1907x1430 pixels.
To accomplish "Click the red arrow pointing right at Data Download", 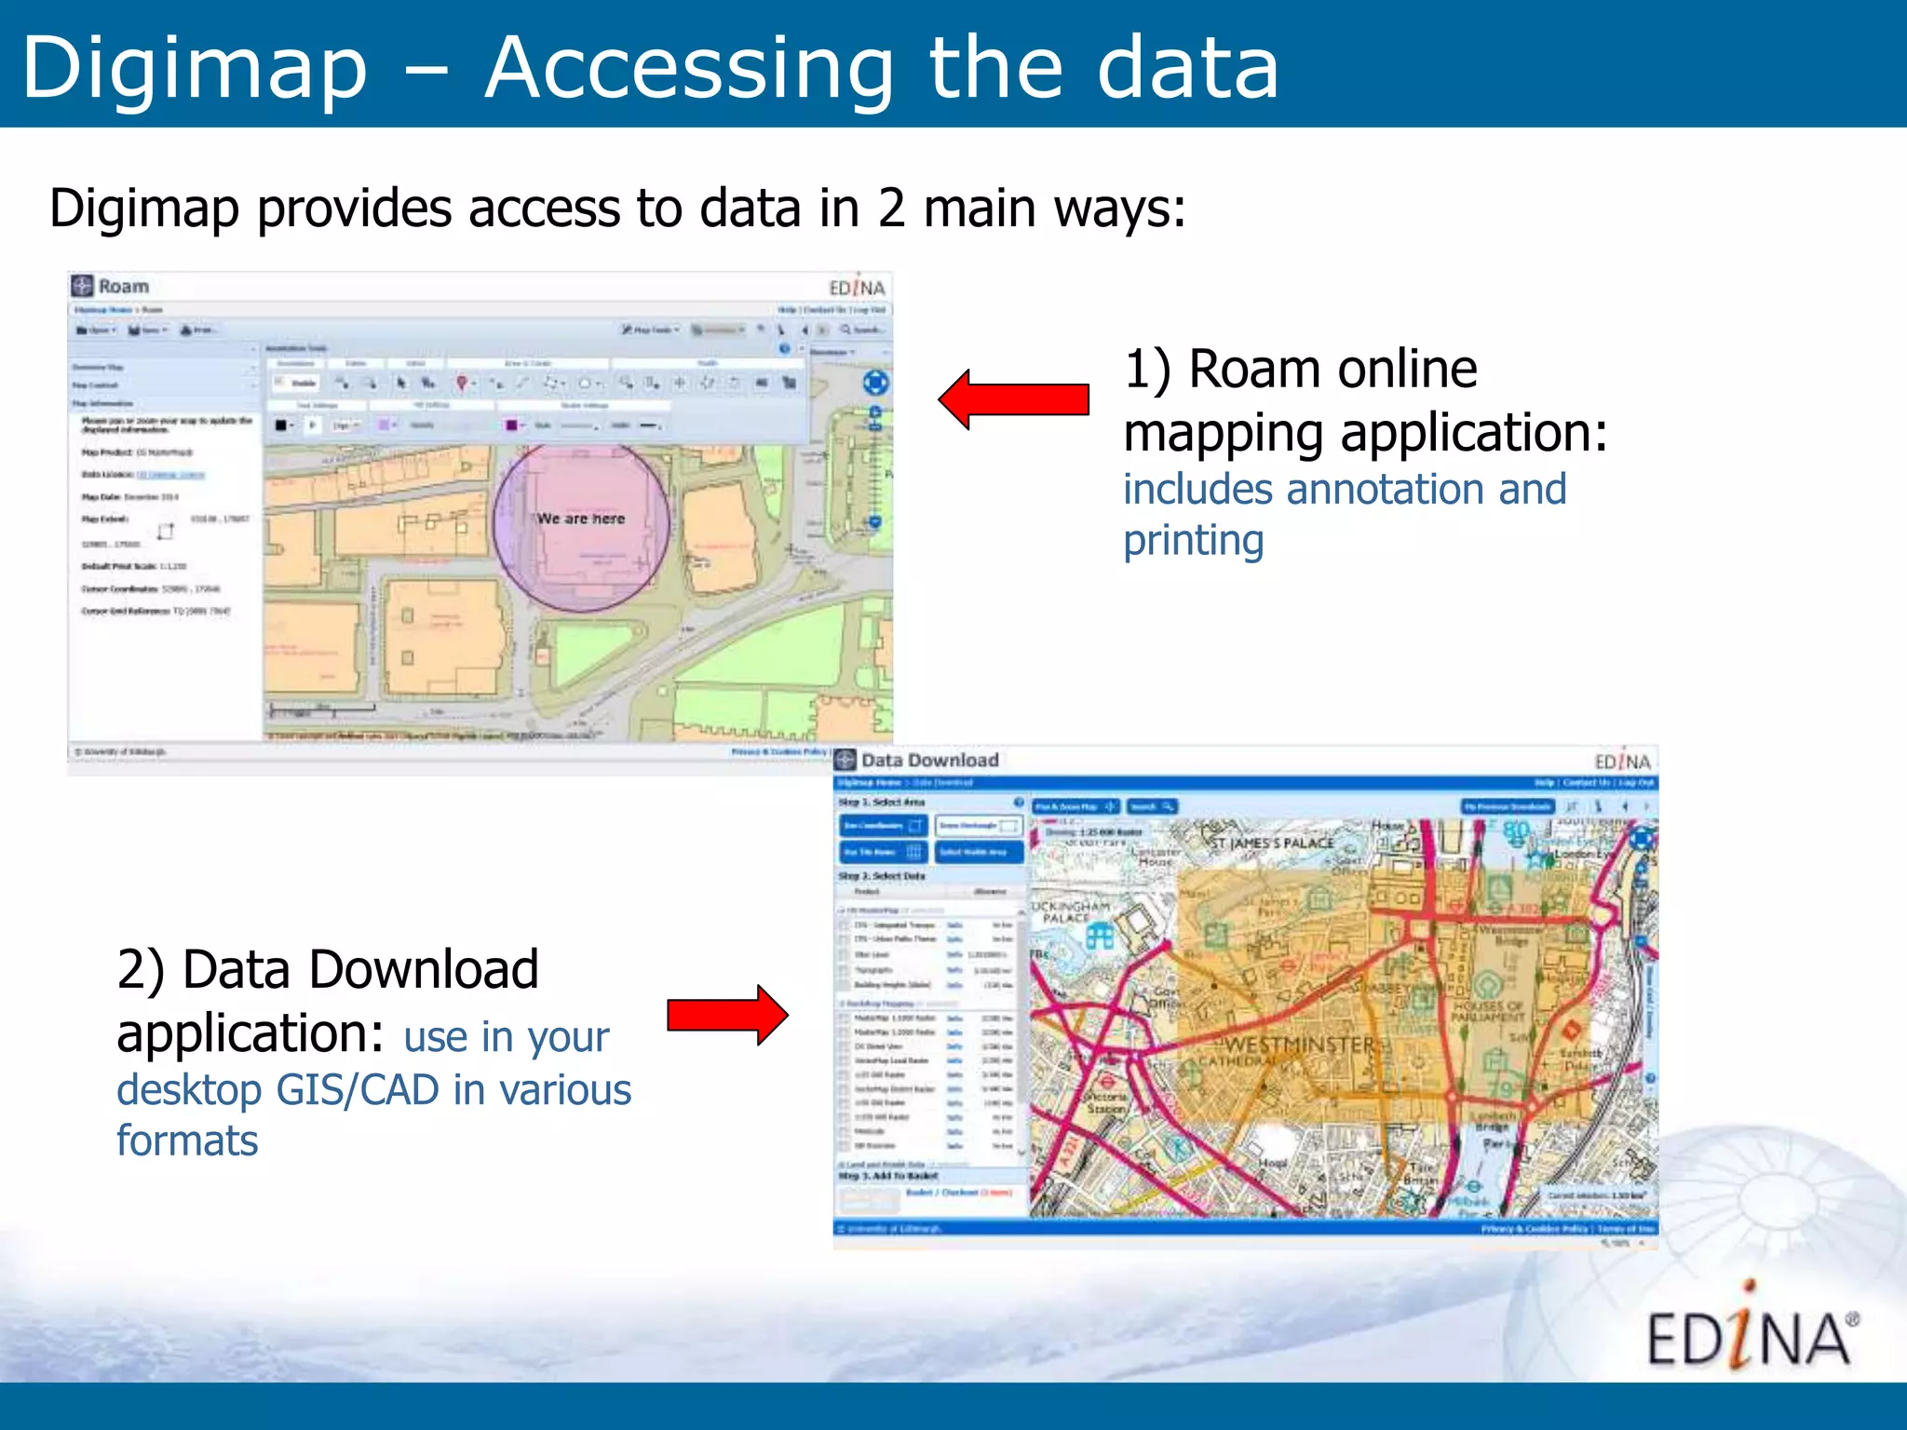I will pyautogui.click(x=727, y=1015).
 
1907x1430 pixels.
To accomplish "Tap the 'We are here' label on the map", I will pyautogui.click(x=581, y=519).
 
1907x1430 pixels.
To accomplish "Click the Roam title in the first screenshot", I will pyautogui.click(x=123, y=287).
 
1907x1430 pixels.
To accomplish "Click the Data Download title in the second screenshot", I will pyautogui.click(x=929, y=761).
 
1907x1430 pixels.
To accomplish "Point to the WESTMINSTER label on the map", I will pyautogui.click(x=1299, y=1046).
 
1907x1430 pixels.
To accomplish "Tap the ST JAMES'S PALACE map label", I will pyautogui.click(x=1272, y=843).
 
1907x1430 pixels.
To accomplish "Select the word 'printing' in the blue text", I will pyautogui.click(x=1193, y=542).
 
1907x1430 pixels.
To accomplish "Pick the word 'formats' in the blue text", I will pyautogui.click(x=187, y=1141).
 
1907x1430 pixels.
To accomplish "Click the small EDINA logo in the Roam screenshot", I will pyautogui.click(x=857, y=288).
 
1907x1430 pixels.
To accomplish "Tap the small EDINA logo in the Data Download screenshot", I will pyautogui.click(x=1622, y=762).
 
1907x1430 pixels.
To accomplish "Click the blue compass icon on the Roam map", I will pyautogui.click(x=875, y=382).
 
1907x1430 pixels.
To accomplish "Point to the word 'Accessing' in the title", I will pyautogui.click(x=689, y=69).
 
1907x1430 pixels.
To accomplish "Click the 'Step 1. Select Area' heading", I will pyautogui.click(x=882, y=802).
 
